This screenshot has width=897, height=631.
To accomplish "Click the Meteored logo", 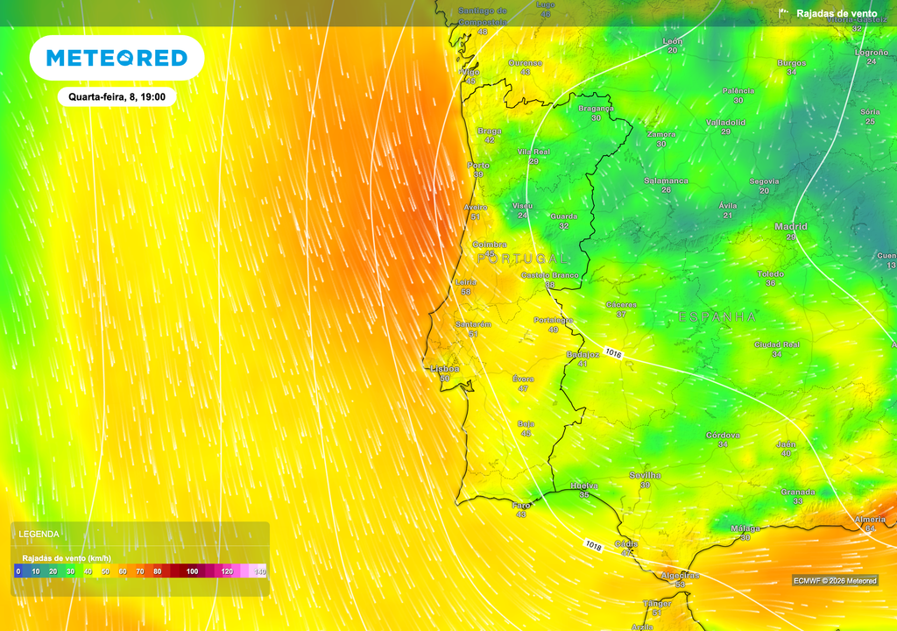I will [117, 58].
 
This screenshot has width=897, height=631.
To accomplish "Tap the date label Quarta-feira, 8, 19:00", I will [117, 96].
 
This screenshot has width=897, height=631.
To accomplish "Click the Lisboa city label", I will [444, 369].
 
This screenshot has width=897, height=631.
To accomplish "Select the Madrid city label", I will [790, 226].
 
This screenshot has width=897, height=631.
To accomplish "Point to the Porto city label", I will [478, 165].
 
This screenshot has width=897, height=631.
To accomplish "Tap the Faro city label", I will [521, 505].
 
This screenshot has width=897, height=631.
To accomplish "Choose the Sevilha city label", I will [645, 475].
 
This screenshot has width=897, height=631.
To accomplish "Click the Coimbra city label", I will [489, 245].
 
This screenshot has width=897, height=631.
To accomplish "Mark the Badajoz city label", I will [583, 354].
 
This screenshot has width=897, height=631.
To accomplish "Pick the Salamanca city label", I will [666, 181].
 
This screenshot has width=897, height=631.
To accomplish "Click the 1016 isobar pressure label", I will [612, 353].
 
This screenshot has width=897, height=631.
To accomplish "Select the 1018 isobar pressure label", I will [593, 545].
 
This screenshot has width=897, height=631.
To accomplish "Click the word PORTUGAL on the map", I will [522, 259].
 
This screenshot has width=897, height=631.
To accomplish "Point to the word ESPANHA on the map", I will [717, 315].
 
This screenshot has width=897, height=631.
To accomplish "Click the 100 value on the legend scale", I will [192, 571].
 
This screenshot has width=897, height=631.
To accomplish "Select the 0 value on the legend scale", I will [18, 571].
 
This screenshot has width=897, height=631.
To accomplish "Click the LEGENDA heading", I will [39, 533].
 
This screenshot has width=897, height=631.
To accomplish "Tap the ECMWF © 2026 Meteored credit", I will [834, 580].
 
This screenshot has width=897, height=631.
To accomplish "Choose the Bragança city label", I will [596, 108].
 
